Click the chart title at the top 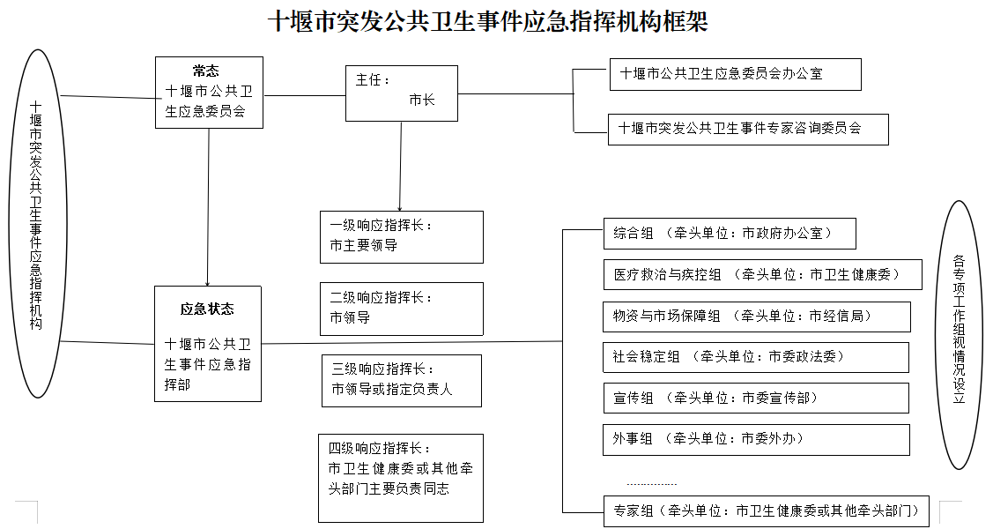[487, 21]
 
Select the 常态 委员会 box [209, 93]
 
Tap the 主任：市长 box [402, 93]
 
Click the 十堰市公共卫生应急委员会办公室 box [735, 74]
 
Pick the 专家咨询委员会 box [748, 130]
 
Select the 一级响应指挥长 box [402, 237]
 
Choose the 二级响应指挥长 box [402, 309]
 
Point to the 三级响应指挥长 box [402, 380]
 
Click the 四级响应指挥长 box [401, 477]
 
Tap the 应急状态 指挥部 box [208, 343]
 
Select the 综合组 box [730, 233]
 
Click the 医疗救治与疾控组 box [762, 274]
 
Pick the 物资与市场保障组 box [757, 317]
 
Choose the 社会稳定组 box [755, 357]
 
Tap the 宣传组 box [755, 398]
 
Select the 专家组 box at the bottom [767, 511]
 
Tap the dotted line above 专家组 [651, 485]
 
